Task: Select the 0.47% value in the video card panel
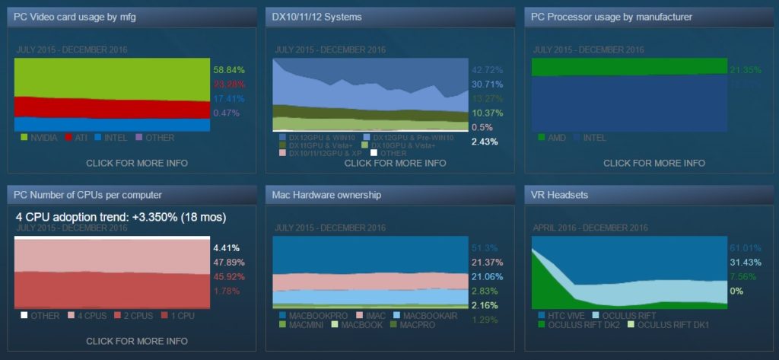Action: (226, 113)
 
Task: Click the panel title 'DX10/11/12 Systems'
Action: (317, 16)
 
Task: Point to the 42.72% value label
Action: (488, 69)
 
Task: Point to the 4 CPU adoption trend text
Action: (120, 217)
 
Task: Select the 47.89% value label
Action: (227, 262)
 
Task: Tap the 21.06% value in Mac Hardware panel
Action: (488, 276)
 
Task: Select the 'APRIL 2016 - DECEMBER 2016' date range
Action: (590, 228)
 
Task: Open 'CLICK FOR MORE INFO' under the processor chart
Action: (653, 163)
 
